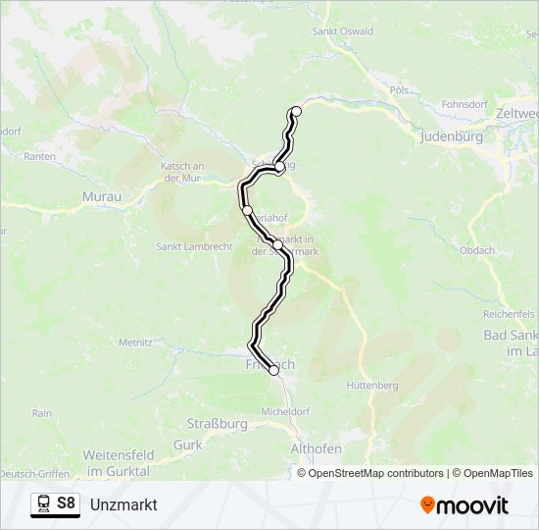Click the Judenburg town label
point(451,137)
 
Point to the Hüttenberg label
point(372,386)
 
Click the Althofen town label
point(317,449)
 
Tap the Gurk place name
point(187,445)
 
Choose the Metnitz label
point(135,343)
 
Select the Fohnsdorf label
point(465,102)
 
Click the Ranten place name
point(39,156)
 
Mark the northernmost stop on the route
point(296,111)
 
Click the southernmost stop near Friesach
point(273,370)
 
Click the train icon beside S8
point(44,504)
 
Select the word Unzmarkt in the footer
point(123,504)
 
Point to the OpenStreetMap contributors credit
point(369,473)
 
